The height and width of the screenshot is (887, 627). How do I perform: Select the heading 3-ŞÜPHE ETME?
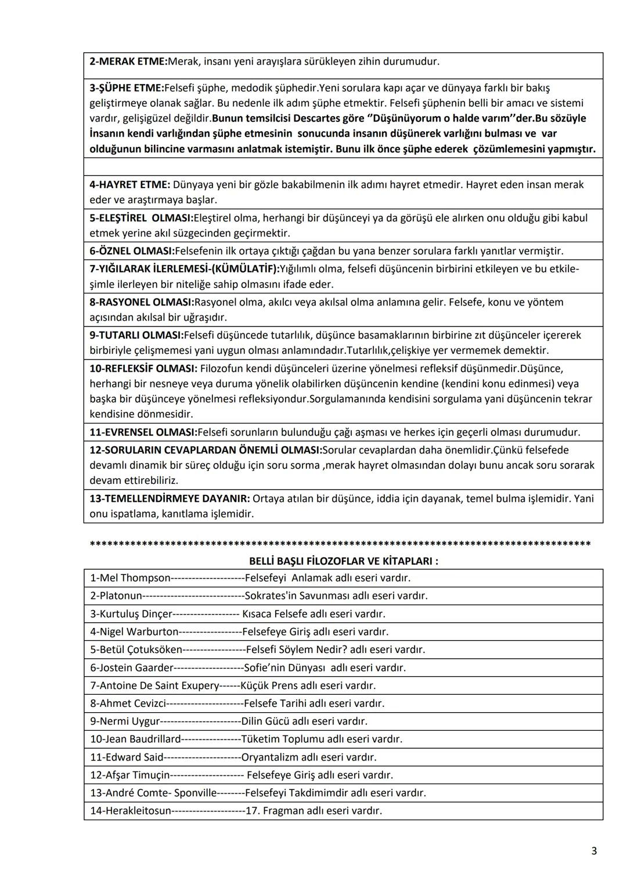click(127, 88)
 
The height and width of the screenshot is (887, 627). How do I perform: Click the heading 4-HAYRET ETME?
click(129, 185)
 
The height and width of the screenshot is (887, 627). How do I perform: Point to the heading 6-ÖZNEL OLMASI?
click(132, 251)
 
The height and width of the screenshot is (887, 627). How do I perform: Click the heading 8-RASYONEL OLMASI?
click(142, 302)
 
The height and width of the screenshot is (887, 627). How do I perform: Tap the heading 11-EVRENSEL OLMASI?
click(143, 432)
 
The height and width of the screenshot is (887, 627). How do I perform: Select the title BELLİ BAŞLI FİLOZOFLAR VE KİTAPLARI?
click(343, 561)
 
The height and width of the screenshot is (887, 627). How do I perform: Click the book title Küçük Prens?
click(269, 685)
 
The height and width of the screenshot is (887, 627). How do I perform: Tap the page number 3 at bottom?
click(594, 851)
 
